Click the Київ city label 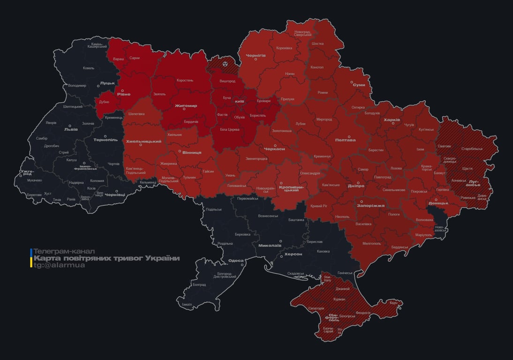[x=239, y=101]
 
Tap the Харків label [x=392, y=120]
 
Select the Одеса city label [x=235, y=261]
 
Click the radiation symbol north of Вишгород [x=226, y=63]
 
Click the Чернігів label [x=256, y=55]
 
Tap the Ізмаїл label [x=187, y=304]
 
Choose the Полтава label [x=345, y=140]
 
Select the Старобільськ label [x=472, y=149]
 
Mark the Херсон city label [x=293, y=254]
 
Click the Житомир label [x=186, y=106]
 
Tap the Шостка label [x=317, y=44]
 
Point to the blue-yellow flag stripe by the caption [x=31, y=258]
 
